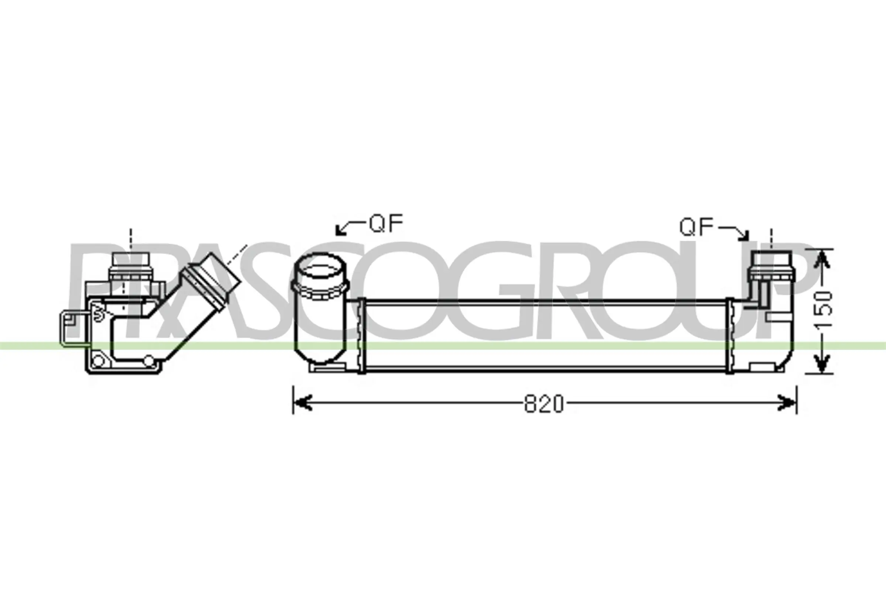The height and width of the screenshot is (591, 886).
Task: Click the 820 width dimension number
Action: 543,404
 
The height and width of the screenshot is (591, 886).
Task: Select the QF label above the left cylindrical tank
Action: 386,223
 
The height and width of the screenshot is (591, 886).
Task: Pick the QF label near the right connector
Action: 697,227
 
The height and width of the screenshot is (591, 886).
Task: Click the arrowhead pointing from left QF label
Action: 340,230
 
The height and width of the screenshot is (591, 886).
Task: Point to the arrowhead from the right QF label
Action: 744,237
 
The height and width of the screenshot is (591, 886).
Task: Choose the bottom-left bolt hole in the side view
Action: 98,361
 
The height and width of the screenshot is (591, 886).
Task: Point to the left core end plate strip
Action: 361,335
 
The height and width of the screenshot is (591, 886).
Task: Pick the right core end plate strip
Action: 730,335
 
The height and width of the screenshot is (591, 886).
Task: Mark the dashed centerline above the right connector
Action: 771,238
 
